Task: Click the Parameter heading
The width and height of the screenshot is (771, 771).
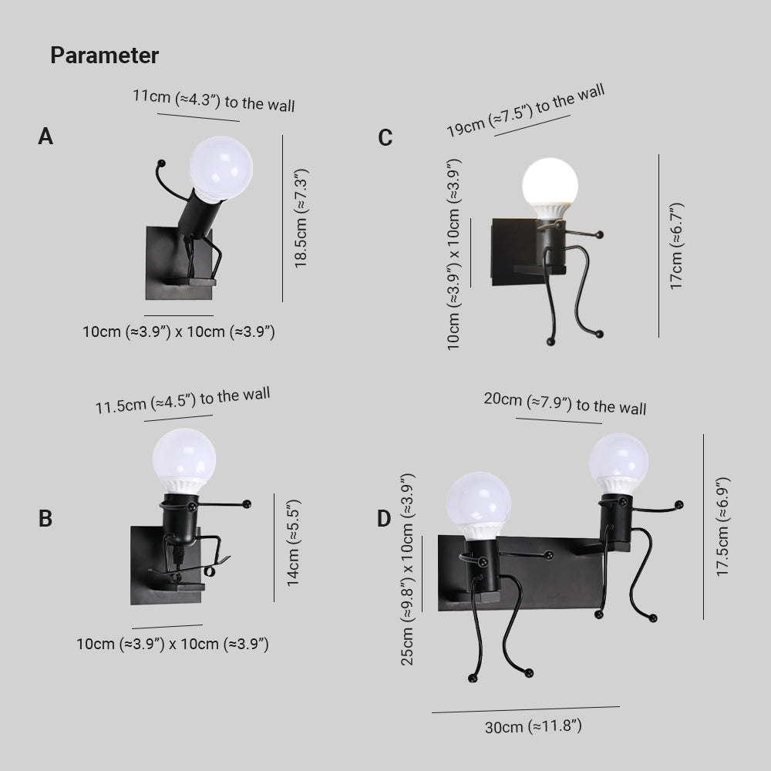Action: click(x=104, y=56)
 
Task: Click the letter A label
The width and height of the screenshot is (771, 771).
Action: click(x=45, y=137)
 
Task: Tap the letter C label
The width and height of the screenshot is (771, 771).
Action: click(x=385, y=138)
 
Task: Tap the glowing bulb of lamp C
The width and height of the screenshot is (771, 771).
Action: click(x=550, y=182)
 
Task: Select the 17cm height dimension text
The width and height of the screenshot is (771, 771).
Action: click(x=676, y=246)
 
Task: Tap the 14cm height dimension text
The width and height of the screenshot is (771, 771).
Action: click(x=293, y=543)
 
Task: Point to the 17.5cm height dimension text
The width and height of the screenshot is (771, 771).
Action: click(x=722, y=527)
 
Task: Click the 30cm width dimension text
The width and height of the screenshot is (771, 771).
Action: click(x=532, y=726)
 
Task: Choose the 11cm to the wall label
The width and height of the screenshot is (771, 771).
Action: click(x=214, y=100)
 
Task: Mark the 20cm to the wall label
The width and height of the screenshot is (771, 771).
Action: click(x=565, y=403)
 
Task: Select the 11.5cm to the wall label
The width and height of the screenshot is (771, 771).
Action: click(x=183, y=401)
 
